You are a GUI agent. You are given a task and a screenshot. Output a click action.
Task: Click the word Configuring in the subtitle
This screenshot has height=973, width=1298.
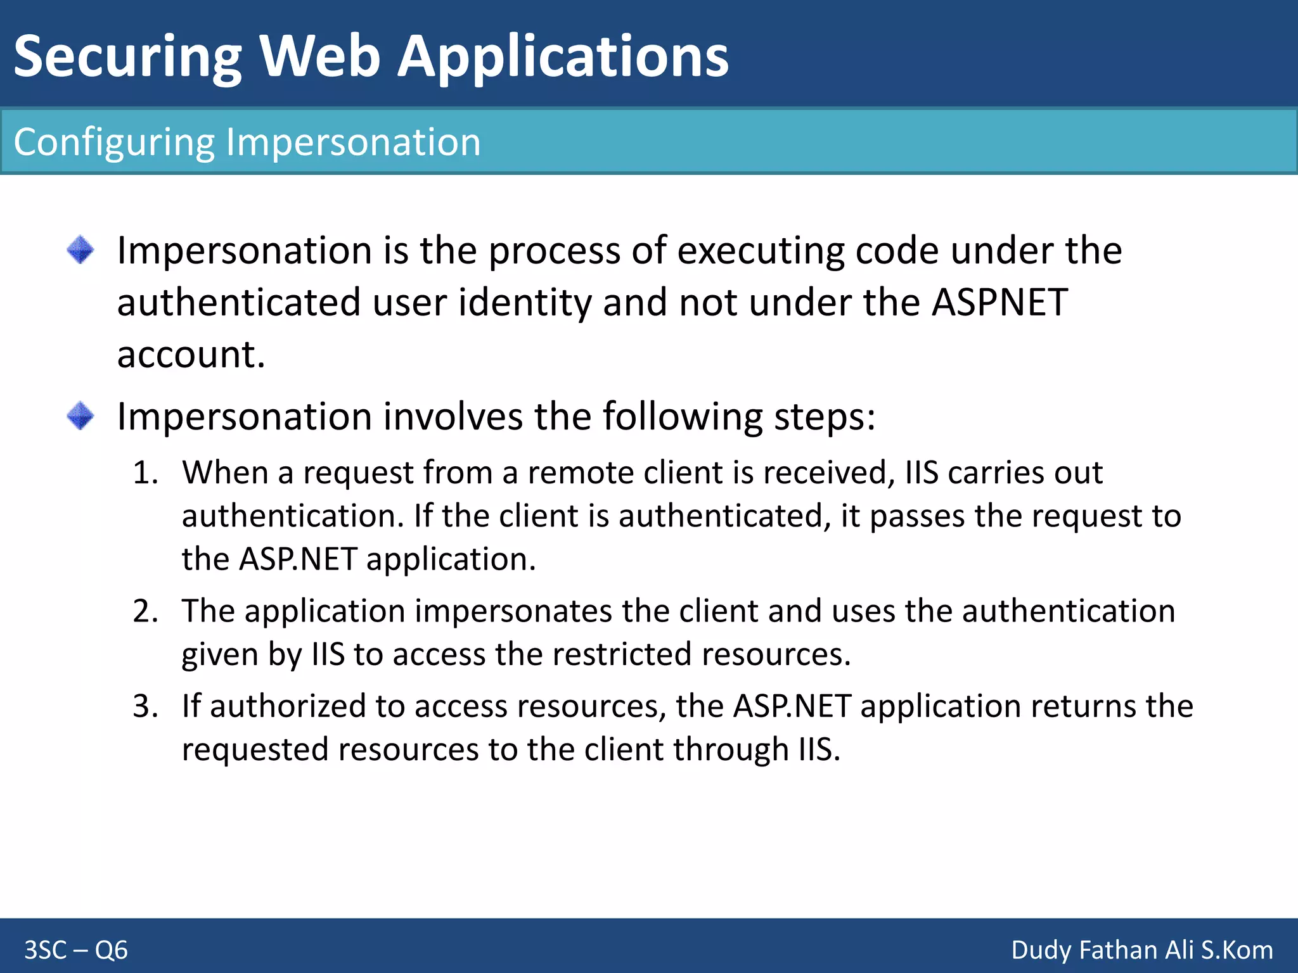point(114,142)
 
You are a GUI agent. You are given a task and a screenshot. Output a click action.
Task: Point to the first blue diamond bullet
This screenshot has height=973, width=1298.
point(80,250)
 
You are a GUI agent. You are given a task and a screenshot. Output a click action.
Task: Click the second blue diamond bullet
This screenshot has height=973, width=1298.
point(80,416)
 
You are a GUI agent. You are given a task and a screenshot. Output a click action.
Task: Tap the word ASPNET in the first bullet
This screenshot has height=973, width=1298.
point(999,302)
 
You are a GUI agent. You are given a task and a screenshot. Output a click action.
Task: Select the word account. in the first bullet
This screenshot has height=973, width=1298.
point(191,354)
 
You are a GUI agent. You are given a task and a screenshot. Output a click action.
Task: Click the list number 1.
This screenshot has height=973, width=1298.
point(145,473)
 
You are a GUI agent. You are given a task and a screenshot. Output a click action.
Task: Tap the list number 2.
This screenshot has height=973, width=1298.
point(145,612)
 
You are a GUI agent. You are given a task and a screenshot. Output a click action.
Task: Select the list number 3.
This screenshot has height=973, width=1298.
point(145,707)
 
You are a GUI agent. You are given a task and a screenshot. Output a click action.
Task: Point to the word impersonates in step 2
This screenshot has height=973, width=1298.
point(514,612)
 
